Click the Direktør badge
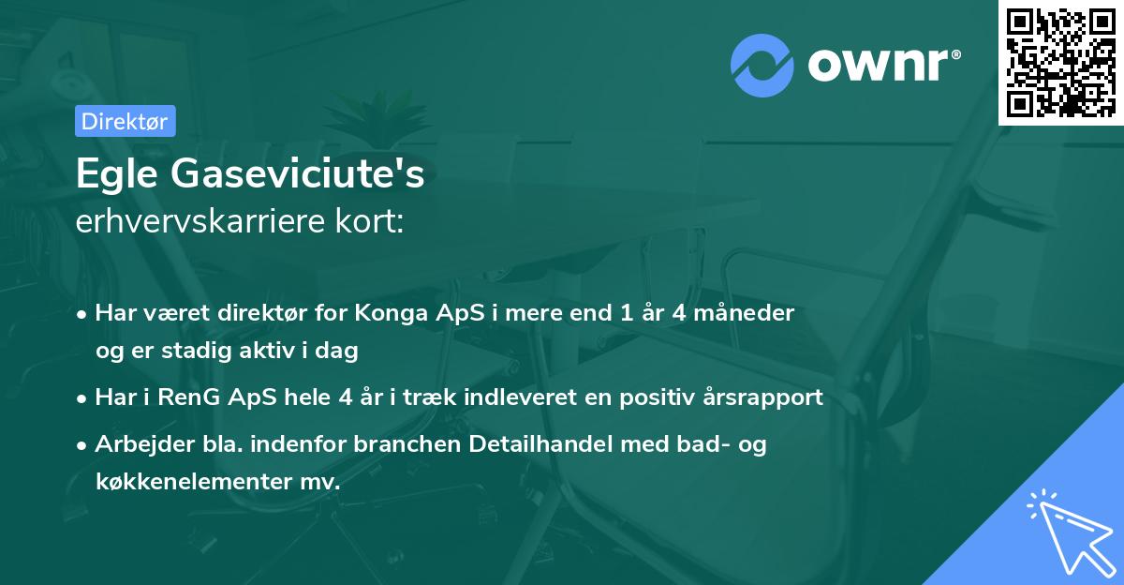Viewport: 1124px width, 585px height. click(x=125, y=121)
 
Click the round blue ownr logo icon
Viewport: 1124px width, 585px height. click(x=762, y=63)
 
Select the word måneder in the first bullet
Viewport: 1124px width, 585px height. click(x=745, y=313)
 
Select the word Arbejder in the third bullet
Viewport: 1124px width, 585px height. click(x=138, y=444)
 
